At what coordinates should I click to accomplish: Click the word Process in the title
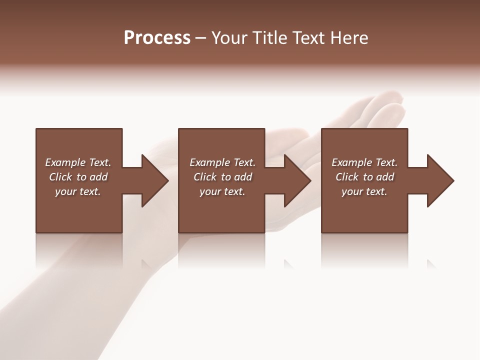click(x=157, y=38)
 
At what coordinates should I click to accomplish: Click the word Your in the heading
click(x=230, y=38)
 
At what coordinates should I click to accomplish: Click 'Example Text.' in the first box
click(x=78, y=162)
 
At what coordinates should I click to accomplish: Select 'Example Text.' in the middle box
click(x=222, y=162)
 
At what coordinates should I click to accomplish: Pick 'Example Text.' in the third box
click(x=364, y=162)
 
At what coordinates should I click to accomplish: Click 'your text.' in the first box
click(x=78, y=191)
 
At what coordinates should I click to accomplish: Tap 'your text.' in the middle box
click(x=222, y=191)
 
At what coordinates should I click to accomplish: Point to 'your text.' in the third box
click(x=364, y=191)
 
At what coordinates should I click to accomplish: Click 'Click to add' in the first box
click(x=78, y=177)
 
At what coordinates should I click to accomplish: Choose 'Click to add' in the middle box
click(x=222, y=177)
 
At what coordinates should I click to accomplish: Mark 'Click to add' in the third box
click(x=364, y=177)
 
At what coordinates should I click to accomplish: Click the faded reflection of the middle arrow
click(x=288, y=264)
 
